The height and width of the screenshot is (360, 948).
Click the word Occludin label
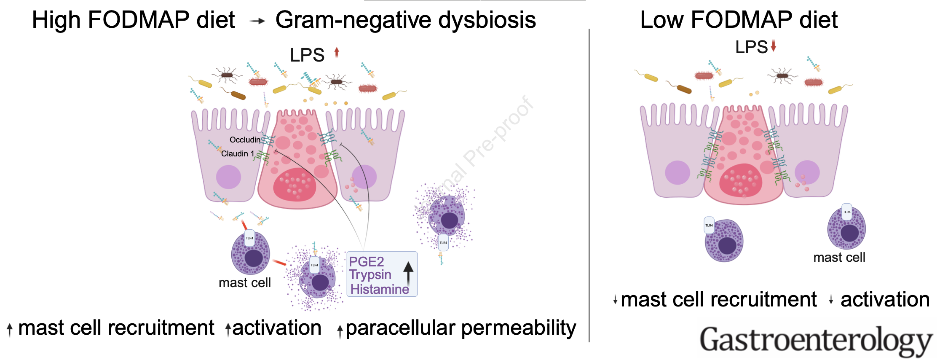tap(245, 140)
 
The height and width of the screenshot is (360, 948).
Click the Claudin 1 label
tap(237, 154)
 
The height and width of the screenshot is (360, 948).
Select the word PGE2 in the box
tap(366, 262)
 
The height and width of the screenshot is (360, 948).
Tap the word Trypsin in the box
tap(370, 275)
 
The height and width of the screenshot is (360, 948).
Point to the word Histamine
tap(380, 289)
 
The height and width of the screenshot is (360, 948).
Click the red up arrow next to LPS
tap(337, 52)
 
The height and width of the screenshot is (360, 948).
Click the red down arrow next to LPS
tap(774, 46)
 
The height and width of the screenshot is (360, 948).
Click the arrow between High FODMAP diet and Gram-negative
tap(257, 21)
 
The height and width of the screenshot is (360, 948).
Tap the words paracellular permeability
tap(461, 328)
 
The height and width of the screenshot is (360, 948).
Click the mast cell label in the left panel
tap(244, 282)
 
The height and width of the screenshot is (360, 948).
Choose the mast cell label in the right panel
tap(839, 257)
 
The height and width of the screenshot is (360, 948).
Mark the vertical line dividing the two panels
tap(589, 185)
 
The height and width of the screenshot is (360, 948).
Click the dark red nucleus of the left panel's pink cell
tap(295, 185)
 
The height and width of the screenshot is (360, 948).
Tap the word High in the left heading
tap(56, 20)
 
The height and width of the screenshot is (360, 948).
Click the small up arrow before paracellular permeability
tap(340, 331)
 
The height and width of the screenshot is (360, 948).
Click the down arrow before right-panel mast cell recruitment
tap(615, 300)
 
